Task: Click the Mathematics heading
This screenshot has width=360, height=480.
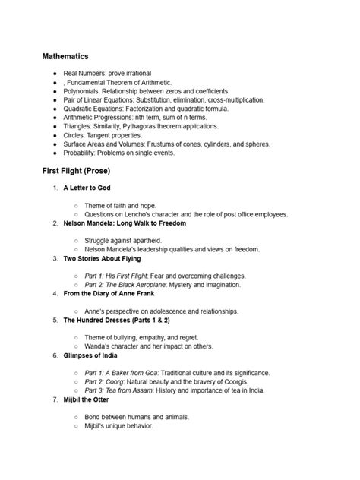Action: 65,56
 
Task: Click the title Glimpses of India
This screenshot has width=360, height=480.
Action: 96,355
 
